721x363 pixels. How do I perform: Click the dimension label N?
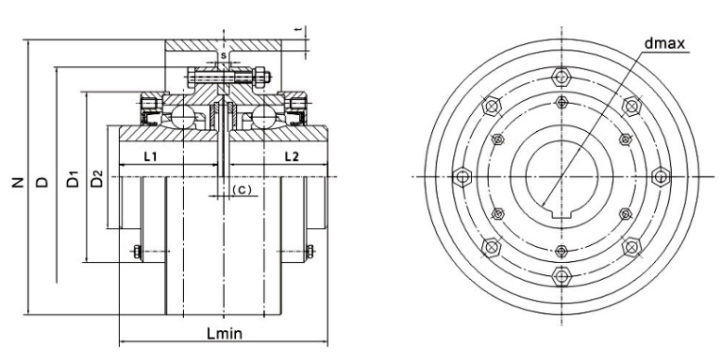point(18,182)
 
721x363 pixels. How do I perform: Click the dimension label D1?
point(73,179)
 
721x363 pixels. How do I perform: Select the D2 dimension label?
point(96,179)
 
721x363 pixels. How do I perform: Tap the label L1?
point(151,157)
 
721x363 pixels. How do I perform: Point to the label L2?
point(292,157)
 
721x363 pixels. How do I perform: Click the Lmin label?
point(224,333)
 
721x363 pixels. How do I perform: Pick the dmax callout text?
point(664,43)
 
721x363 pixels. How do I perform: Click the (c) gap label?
point(242,189)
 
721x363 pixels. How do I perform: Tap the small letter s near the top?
point(223,56)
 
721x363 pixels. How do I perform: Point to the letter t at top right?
point(299,29)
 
